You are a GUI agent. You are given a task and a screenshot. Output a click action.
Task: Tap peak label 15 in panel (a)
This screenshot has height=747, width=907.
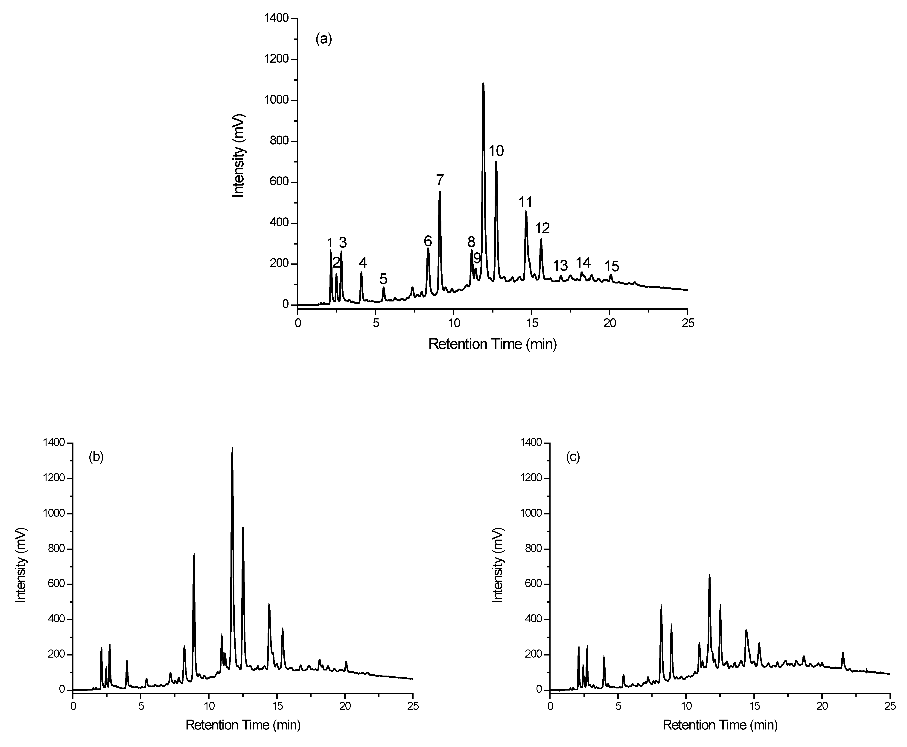tap(612, 266)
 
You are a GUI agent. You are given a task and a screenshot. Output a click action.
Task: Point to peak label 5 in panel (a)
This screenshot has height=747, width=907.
tap(383, 279)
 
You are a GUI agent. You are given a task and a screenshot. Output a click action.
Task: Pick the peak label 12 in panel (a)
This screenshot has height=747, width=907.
tap(542, 228)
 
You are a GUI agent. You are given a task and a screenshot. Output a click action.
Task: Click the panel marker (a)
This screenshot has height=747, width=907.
tap(324, 39)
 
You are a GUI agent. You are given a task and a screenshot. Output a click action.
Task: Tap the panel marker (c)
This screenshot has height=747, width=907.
tap(573, 457)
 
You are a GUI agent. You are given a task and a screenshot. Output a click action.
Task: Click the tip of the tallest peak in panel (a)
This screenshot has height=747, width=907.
tap(483, 83)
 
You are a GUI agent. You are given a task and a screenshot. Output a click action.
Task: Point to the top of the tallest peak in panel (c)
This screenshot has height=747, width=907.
tap(710, 574)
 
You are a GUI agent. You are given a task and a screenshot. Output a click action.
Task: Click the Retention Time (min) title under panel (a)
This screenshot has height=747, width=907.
tap(493, 344)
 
